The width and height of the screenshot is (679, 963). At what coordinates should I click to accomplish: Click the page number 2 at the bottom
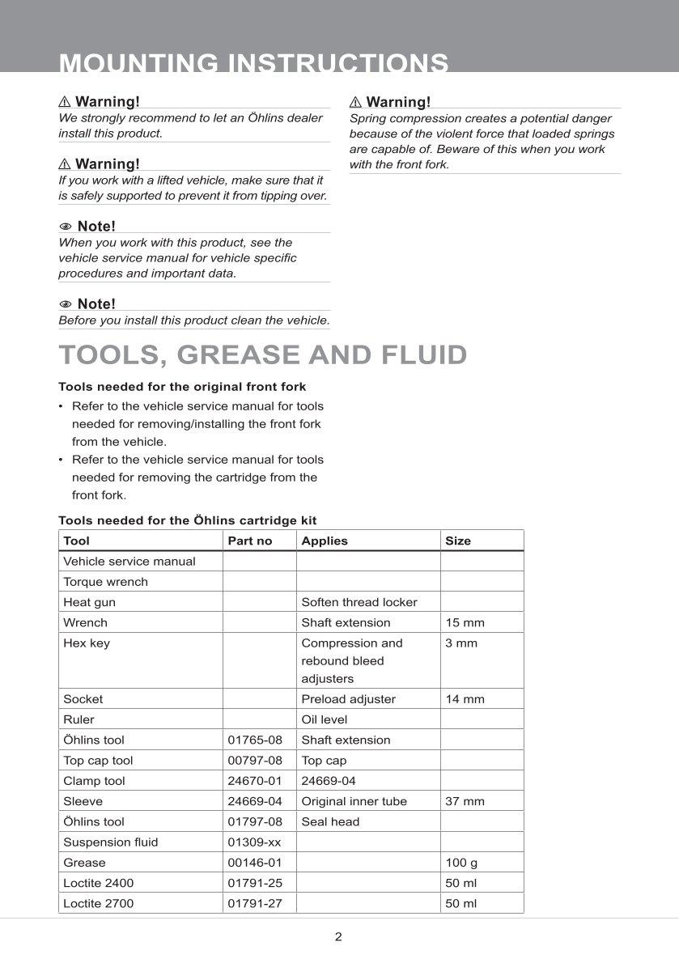[338, 937]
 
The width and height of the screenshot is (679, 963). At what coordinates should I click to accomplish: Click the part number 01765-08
[255, 740]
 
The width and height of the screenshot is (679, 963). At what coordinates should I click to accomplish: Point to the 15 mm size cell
[465, 622]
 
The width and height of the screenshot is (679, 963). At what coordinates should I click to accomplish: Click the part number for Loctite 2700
[255, 903]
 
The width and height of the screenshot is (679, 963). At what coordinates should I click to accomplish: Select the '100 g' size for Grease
[462, 863]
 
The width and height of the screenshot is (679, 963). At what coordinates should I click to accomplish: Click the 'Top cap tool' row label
[98, 761]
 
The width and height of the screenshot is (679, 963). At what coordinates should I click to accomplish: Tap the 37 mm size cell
[465, 801]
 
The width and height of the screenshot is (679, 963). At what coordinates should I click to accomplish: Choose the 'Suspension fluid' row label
[111, 842]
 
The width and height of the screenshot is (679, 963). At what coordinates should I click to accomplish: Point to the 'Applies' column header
[325, 541]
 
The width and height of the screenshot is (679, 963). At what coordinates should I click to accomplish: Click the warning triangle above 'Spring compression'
[355, 102]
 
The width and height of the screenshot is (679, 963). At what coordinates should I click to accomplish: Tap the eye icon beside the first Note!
[66, 227]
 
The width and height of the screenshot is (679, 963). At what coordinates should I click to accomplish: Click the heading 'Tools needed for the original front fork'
[182, 387]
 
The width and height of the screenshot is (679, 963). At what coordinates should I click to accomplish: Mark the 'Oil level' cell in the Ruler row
[325, 719]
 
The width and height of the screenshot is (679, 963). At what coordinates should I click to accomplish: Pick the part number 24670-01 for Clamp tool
[255, 781]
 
